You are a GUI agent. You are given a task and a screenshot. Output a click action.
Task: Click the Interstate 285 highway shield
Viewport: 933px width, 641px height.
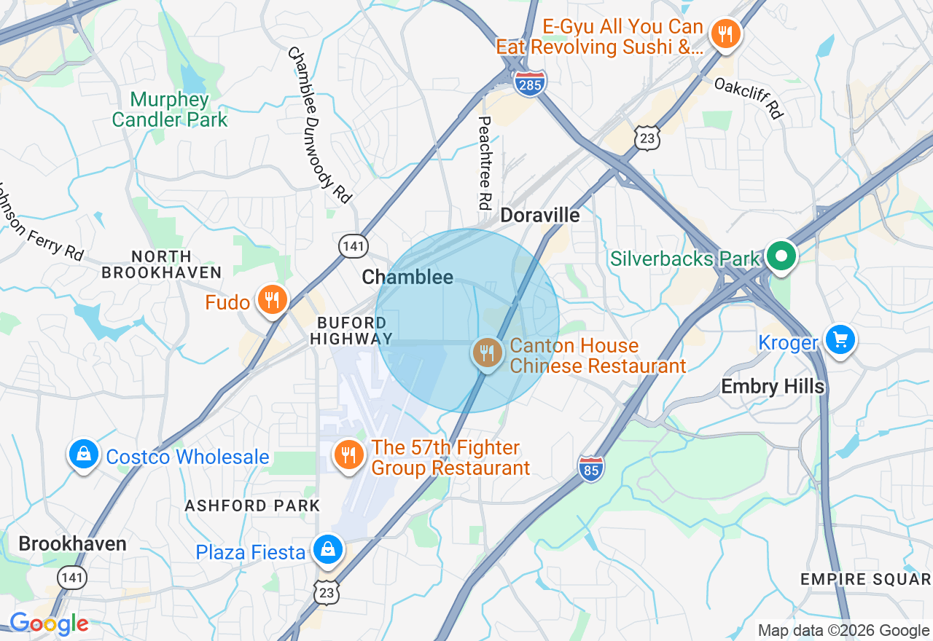530,84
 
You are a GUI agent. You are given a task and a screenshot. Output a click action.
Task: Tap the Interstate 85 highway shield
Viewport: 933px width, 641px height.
591,468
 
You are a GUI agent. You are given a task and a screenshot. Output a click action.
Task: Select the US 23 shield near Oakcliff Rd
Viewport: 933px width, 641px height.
647,138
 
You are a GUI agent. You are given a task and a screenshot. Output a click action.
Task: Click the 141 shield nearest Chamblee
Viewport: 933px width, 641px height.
354,246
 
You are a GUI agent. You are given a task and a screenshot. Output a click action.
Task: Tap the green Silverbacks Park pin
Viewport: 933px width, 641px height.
781,256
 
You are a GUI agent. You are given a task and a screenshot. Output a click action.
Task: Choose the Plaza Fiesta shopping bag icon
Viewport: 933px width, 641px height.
328,550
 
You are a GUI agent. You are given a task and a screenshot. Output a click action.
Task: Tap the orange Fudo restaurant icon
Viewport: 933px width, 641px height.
272,300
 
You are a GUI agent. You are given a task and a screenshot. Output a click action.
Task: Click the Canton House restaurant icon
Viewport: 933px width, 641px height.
488,353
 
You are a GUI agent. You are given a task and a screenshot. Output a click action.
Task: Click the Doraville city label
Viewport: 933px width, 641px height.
540,216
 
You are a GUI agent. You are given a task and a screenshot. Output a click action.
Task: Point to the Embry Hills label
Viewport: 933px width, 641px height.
772,386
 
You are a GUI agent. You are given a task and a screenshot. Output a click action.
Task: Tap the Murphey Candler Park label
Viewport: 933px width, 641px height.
170,109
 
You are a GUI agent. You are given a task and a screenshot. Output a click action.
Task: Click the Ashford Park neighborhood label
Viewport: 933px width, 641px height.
252,506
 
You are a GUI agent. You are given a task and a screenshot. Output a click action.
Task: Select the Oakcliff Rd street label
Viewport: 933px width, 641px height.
749,98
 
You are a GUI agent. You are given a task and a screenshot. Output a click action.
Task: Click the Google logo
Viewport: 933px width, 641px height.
49,624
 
